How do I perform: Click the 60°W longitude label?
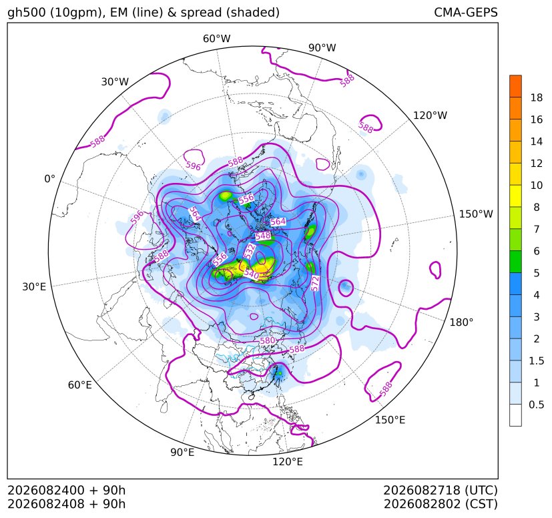[216, 39]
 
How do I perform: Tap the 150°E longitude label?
[390, 420]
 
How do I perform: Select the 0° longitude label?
[49, 179]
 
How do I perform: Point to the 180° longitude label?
[461, 322]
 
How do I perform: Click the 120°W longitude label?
[430, 115]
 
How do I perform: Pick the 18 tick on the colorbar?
[537, 97]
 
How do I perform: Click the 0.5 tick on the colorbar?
[536, 405]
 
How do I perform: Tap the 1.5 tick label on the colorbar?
[536, 360]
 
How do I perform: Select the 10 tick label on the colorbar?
[537, 185]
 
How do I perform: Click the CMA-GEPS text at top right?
[466, 12]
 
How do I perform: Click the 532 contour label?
[250, 252]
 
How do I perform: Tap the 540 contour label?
[252, 274]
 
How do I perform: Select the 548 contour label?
[264, 236]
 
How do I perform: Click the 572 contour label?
[315, 284]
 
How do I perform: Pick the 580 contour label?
[267, 340]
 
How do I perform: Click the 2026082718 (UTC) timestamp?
[440, 490]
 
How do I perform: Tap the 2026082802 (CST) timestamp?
[441, 504]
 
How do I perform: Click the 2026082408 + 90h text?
[67, 504]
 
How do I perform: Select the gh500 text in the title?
[27, 13]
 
